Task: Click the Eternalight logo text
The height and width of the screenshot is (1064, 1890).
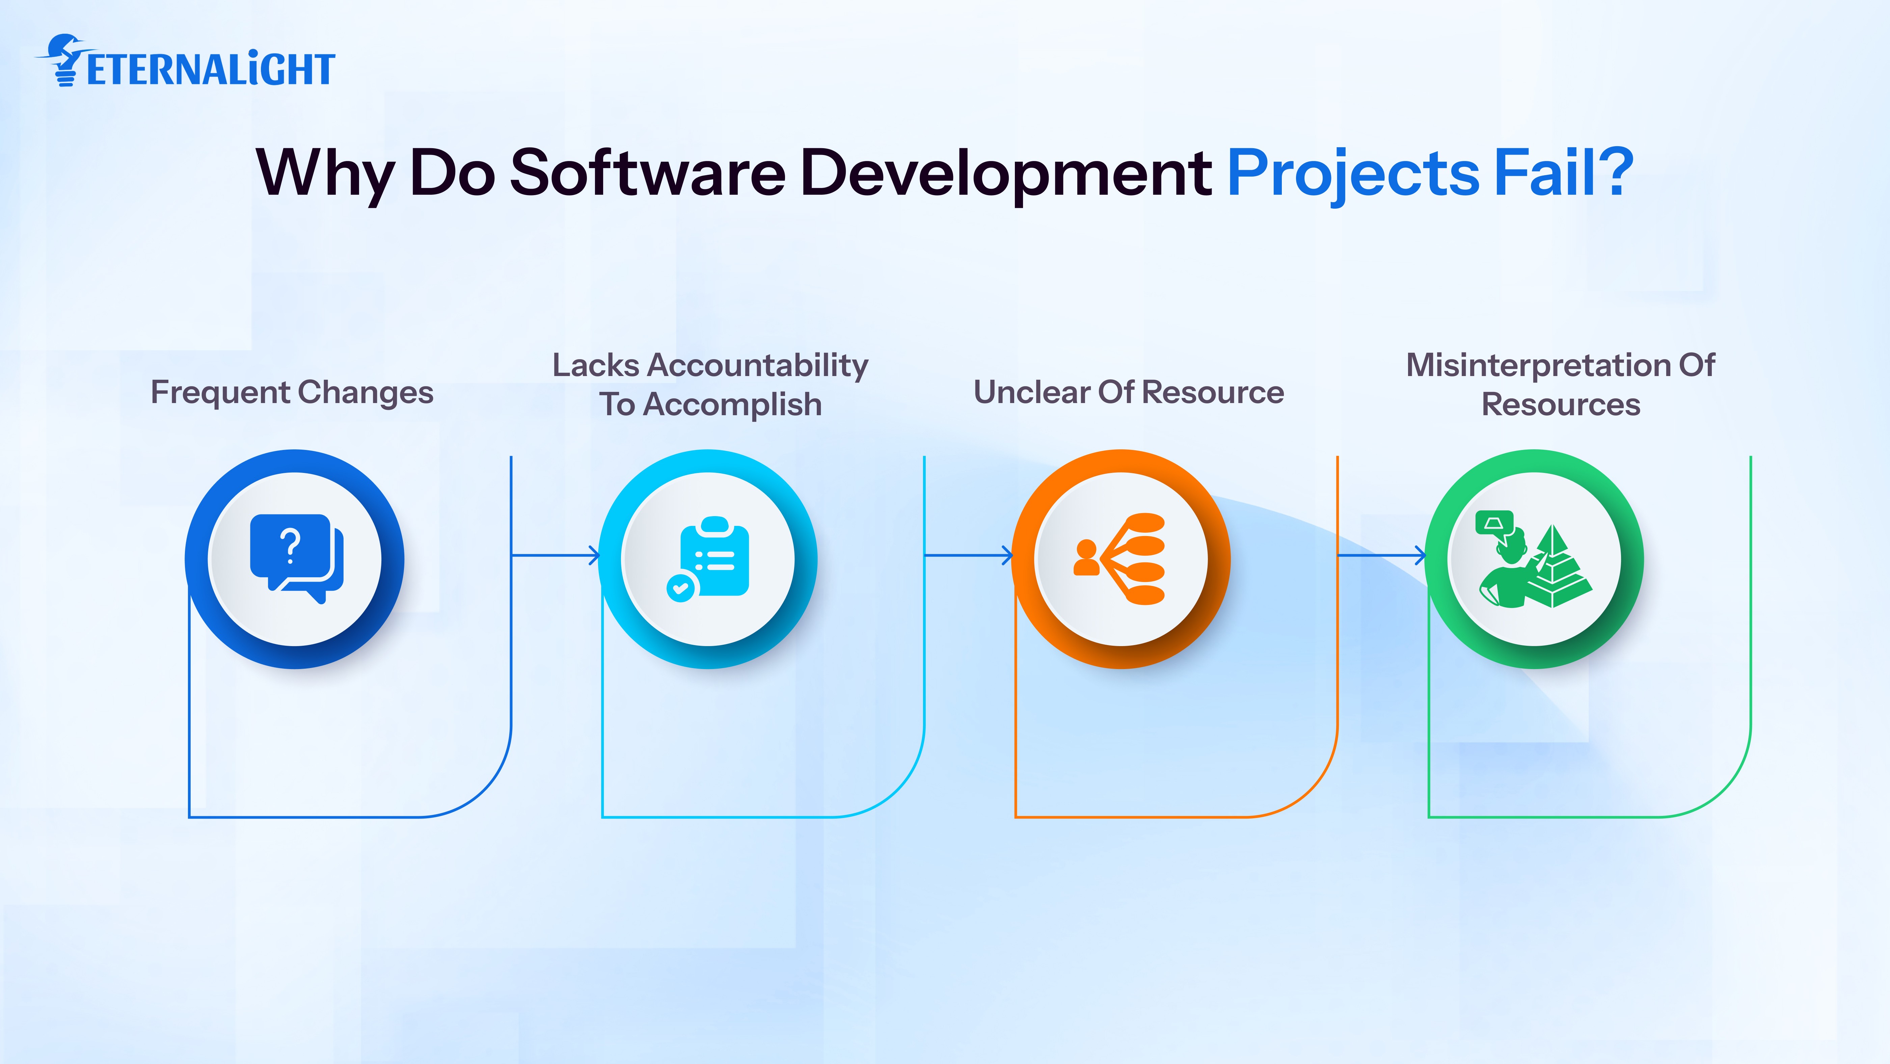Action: [211, 70]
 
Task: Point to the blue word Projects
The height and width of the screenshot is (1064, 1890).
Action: [1354, 175]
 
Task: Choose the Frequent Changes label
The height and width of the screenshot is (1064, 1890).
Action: [292, 393]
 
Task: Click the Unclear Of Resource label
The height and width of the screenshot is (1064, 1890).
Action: [1128, 393]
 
